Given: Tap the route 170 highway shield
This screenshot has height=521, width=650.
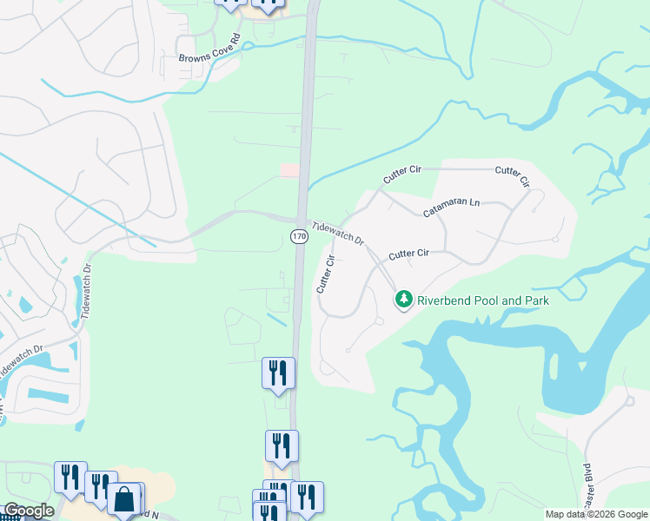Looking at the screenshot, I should tap(298, 235).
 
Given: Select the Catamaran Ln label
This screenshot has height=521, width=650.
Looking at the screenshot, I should tap(451, 208).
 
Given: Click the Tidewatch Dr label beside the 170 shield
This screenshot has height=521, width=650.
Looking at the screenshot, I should tap(338, 232).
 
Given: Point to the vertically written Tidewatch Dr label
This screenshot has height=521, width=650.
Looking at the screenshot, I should tap(85, 294).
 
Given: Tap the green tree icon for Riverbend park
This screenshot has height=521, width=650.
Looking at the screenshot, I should tap(403, 300).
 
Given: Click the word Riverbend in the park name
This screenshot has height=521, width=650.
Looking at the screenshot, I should tap(447, 300).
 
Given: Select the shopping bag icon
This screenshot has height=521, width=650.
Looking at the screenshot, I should tap(125, 499).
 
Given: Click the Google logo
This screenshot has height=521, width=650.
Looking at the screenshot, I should tap(29, 511).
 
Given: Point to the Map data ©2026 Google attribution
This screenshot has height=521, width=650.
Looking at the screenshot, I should tap(596, 514).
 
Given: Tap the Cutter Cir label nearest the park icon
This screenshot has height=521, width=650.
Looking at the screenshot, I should tap(409, 254).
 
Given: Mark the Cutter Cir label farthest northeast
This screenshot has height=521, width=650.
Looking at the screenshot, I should tap(512, 175).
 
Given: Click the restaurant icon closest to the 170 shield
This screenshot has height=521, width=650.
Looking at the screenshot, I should tap(278, 373).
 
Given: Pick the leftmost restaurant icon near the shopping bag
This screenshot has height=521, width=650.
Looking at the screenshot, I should tap(70, 476).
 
